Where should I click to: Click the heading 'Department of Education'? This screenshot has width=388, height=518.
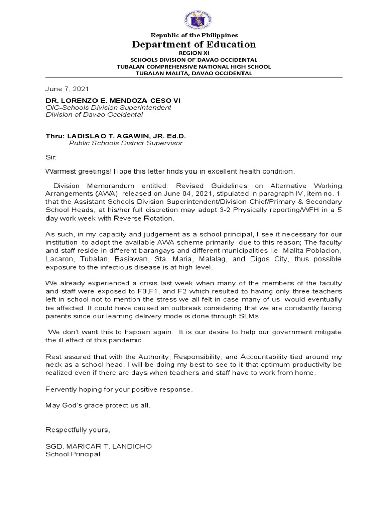pos(194,45)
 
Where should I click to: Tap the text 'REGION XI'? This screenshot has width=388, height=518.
pos(194,53)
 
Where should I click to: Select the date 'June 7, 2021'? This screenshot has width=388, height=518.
pos(67,89)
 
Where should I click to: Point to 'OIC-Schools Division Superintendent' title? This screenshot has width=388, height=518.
pos(109,108)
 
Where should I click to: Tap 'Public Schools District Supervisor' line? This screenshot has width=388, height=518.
pos(126,143)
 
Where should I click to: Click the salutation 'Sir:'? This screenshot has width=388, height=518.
pos(51,157)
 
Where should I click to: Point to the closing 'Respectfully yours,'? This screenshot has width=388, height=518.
pos(77,429)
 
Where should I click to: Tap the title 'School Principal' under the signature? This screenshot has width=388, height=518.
pos(73,454)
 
